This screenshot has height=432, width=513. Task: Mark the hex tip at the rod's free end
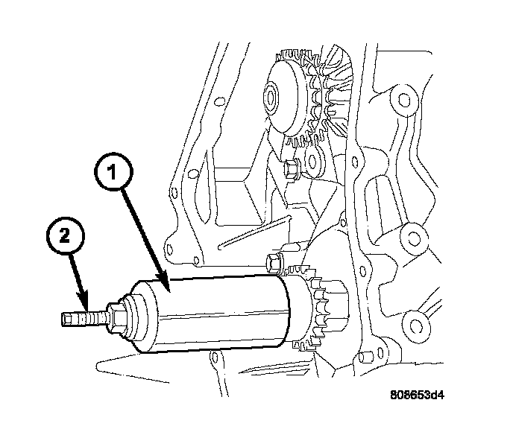pos(65,320)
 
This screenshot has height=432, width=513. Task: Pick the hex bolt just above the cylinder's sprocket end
pos(274,263)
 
